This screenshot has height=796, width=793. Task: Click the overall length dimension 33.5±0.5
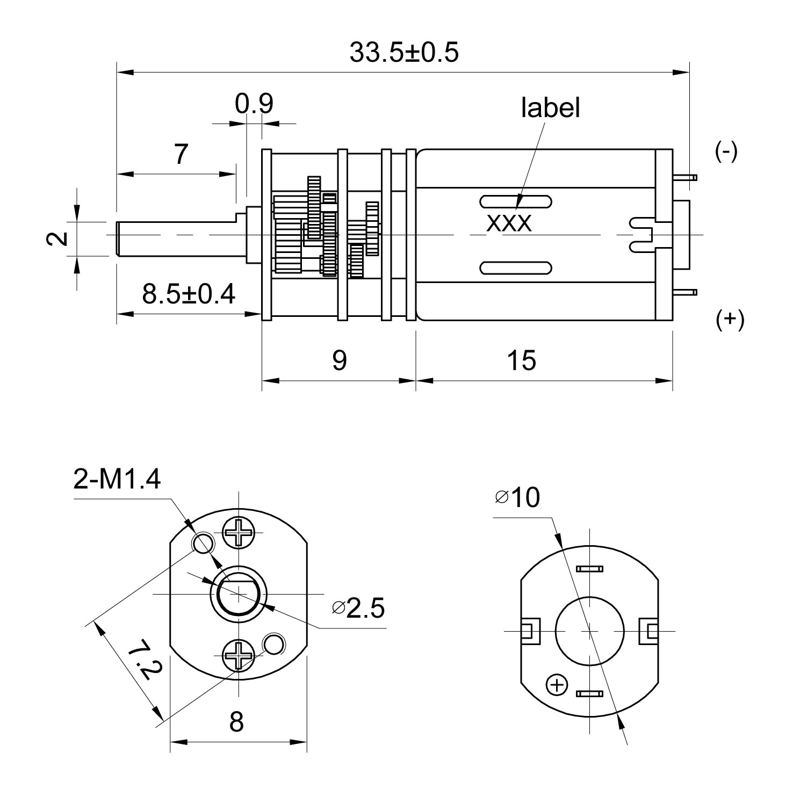(404, 53)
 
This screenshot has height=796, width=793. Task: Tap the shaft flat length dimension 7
(181, 155)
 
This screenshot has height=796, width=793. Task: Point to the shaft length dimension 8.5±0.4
(189, 294)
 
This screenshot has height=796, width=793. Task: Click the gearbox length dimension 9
(339, 360)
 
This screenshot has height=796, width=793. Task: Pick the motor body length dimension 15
(521, 360)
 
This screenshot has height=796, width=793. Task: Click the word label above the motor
(550, 108)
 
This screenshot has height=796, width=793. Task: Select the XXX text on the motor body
(509, 223)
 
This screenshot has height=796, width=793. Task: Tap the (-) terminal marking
(726, 152)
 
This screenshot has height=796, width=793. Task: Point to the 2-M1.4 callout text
(117, 480)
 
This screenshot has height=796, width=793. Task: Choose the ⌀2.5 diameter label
(358, 608)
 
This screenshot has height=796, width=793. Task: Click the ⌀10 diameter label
(517, 498)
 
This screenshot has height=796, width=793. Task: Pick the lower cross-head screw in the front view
(238, 655)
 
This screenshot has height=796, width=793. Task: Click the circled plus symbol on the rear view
(557, 685)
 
